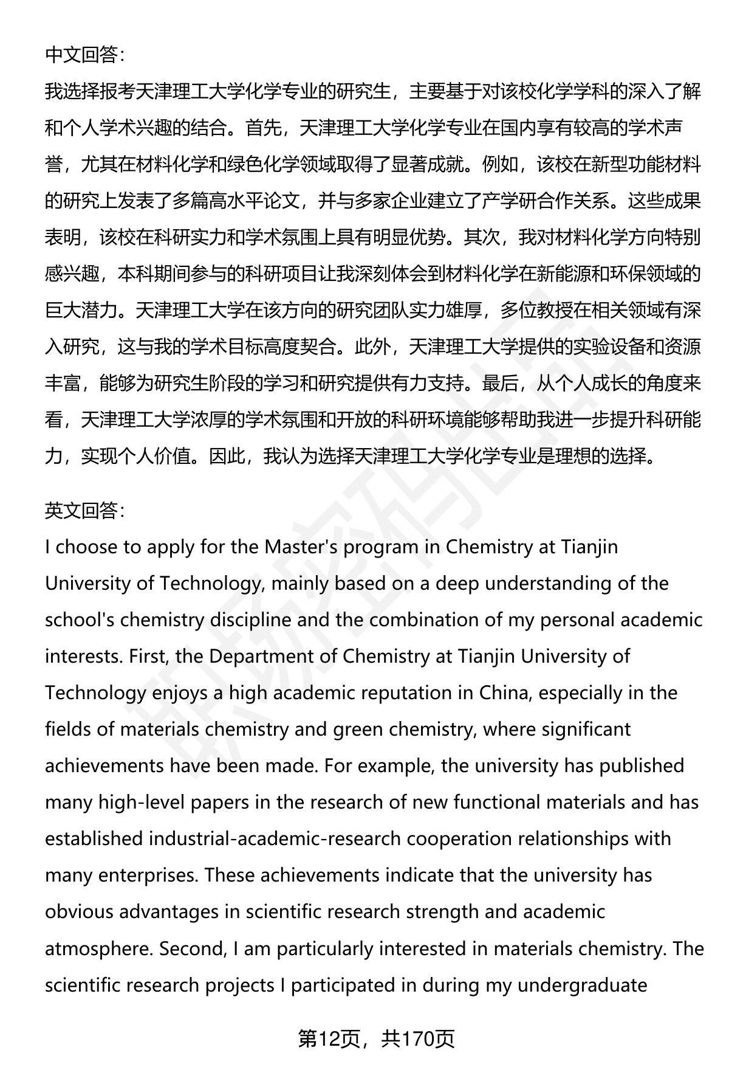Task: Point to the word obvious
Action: [79, 912]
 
